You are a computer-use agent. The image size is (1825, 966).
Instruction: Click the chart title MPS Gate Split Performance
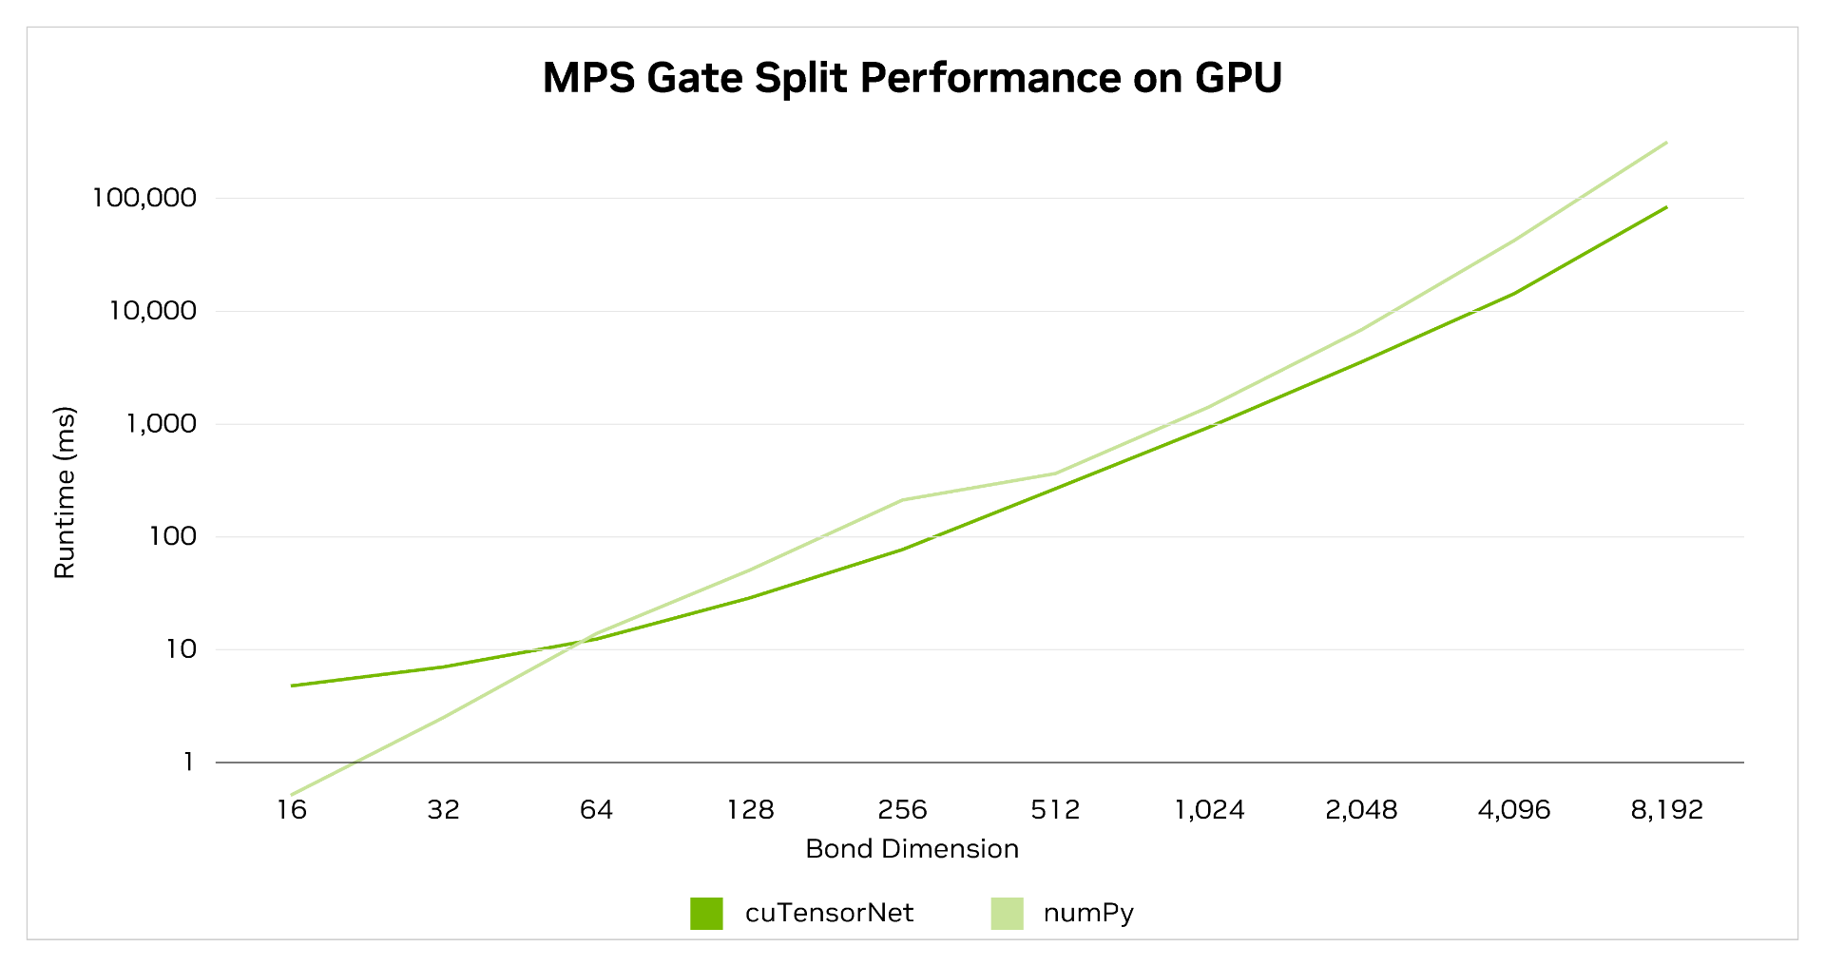pos(912,78)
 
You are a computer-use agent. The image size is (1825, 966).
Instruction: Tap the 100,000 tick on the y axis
pos(144,198)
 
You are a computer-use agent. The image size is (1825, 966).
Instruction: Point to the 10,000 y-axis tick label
pos(151,311)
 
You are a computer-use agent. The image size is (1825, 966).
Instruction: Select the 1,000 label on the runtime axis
pos(161,423)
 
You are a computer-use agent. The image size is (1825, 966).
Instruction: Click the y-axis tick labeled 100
pos(172,536)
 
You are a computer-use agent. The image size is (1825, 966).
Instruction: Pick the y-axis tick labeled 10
pos(181,649)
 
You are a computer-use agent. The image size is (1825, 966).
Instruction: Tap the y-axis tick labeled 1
pos(188,762)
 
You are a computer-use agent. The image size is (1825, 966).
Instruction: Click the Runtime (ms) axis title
pos(64,493)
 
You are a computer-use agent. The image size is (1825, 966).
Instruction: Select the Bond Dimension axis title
pos(912,848)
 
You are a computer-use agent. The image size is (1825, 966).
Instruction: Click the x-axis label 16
pos(292,810)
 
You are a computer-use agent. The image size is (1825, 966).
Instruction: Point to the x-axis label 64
pos(596,810)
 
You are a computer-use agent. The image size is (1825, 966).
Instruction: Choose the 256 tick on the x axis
pos(902,810)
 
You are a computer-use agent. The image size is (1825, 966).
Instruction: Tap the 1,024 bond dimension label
pos(1209,810)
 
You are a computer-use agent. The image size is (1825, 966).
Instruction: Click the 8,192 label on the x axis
pos(1666,810)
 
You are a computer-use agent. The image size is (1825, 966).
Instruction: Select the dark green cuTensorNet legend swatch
pos(706,914)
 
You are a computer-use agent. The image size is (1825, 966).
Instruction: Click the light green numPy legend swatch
pos(1007,914)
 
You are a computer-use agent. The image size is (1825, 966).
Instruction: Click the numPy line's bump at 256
pos(902,500)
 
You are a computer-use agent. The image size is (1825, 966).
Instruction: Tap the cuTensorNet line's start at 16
pos(293,686)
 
